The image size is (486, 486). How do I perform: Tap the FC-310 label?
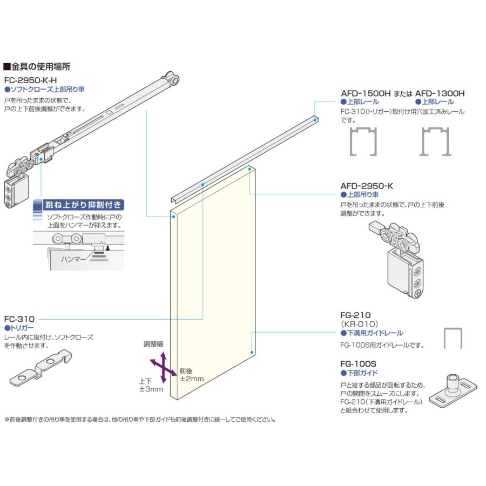click(x=19, y=319)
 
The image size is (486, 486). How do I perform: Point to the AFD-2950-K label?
click(x=367, y=186)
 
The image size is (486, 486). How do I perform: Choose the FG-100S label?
click(x=359, y=364)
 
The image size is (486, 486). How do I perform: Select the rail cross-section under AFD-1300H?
click(x=435, y=143)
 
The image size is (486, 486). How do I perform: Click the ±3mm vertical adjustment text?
click(x=150, y=389)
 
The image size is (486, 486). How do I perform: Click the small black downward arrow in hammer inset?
click(x=107, y=249)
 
